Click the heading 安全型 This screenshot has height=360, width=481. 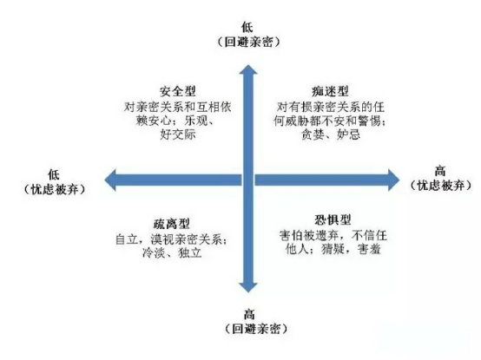pyautogui.click(x=178, y=91)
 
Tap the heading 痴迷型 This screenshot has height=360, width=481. pyautogui.click(x=330, y=91)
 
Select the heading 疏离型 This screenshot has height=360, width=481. pyautogui.click(x=172, y=224)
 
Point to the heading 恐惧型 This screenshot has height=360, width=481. pyautogui.click(x=333, y=219)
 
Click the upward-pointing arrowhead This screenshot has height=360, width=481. pyautogui.click(x=248, y=70)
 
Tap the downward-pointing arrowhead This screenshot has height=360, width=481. pyautogui.click(x=248, y=287)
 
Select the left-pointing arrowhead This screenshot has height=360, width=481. pyautogui.click(x=110, y=180)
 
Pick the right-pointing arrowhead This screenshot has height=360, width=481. pyautogui.click(x=394, y=180)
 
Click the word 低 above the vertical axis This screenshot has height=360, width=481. pyautogui.click(x=247, y=27)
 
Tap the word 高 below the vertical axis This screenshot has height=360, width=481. pyautogui.click(x=249, y=314)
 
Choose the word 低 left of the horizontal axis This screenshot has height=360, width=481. pyautogui.click(x=54, y=175)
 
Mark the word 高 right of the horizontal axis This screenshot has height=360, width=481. pyautogui.click(x=440, y=171)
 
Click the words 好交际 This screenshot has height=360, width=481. pyautogui.click(x=178, y=134)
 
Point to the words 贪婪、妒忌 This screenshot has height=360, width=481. pyautogui.click(x=331, y=134)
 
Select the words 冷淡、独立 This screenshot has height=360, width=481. pyautogui.click(x=172, y=253)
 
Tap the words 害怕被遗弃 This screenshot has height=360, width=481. pyautogui.click(x=309, y=236)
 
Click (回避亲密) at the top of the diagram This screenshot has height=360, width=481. pyautogui.click(x=249, y=42)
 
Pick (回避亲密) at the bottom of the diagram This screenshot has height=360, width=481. pyautogui.click(x=256, y=329)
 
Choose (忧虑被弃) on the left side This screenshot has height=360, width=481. pyautogui.click(x=55, y=189)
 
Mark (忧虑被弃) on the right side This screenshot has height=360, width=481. pyautogui.click(x=441, y=186)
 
